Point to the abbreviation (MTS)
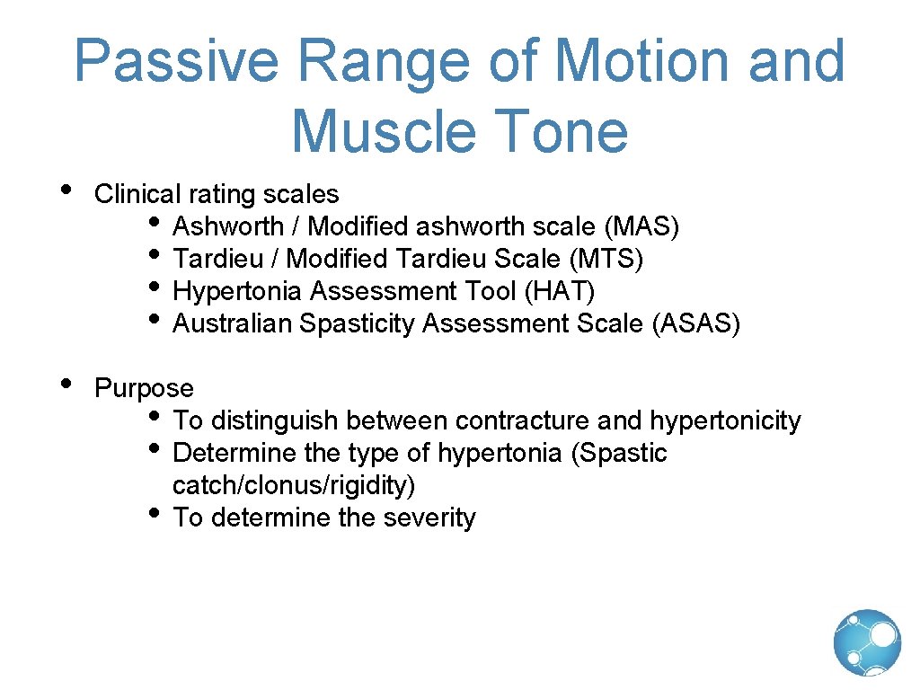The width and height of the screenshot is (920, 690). pos(606,259)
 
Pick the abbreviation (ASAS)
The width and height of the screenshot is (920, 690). pos(696,323)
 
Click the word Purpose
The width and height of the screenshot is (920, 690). pos(144,388)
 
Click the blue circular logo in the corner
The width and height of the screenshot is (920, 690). pos(867,642)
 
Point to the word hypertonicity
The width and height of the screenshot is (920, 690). pos(725,420)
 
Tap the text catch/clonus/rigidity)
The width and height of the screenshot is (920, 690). pos(294,485)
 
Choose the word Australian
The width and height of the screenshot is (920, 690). pos(233,323)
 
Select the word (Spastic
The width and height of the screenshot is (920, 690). pos(619,453)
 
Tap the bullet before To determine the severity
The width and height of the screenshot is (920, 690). pos(155,512)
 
